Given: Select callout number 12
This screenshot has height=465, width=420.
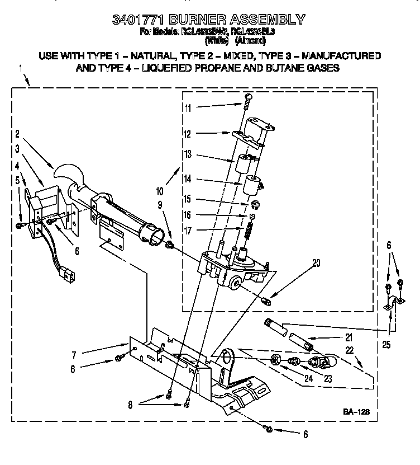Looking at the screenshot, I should pyautogui.click(x=188, y=134).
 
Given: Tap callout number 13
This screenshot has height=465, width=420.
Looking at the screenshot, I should pyautogui.click(x=188, y=154).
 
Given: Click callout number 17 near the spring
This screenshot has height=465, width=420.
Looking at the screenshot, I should pyautogui.click(x=188, y=230).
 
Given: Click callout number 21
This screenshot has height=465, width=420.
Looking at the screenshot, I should pyautogui.click(x=349, y=337).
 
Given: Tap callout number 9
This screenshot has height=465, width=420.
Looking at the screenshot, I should pyautogui.click(x=161, y=205).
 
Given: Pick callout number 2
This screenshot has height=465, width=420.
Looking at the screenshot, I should pyautogui.click(x=18, y=134).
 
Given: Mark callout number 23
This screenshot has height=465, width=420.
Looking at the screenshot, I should pyautogui.click(x=328, y=378).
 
